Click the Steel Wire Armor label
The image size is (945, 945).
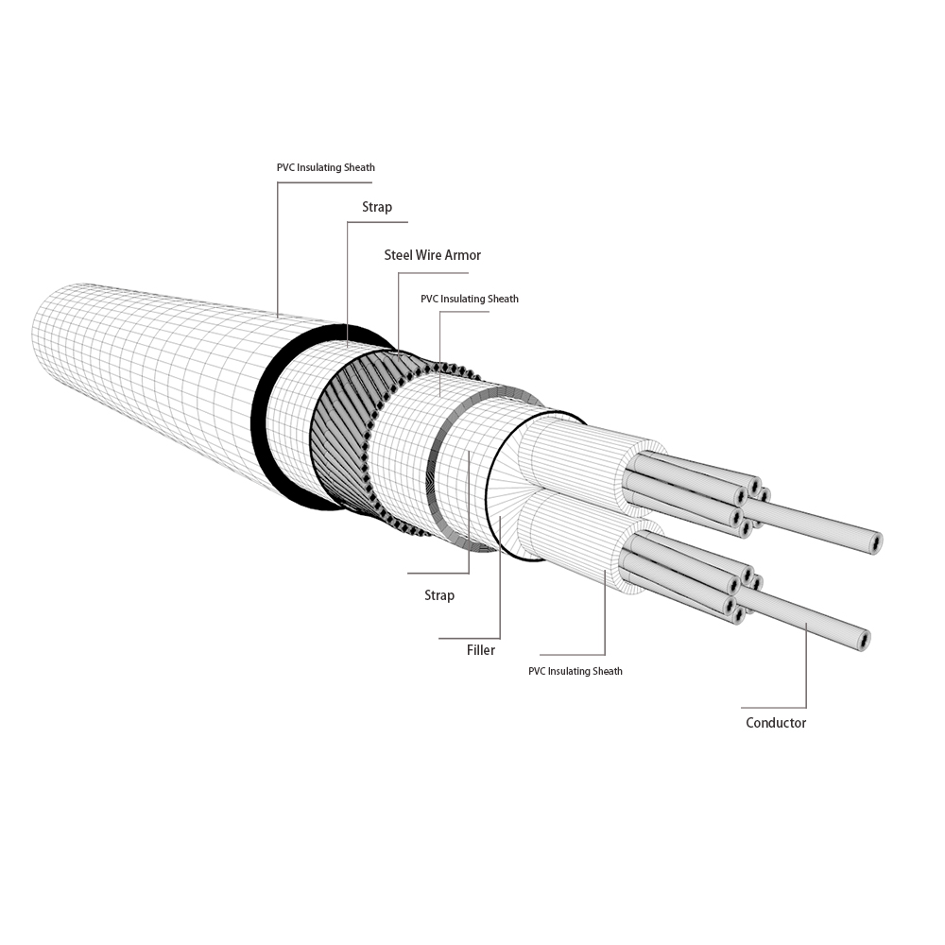point(432,255)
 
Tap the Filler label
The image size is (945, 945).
point(480,650)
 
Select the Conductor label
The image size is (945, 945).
point(776,723)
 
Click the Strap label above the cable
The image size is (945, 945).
point(376,207)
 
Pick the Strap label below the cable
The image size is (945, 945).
point(439,595)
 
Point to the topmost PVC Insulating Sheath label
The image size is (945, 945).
point(325,167)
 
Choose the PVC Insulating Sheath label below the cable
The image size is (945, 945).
point(575,672)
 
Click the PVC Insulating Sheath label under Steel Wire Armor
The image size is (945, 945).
point(469,299)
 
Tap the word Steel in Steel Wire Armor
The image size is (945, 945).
point(399,255)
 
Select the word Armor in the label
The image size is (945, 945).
point(463,255)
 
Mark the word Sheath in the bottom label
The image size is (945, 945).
point(608,672)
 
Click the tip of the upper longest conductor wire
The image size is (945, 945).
point(876,543)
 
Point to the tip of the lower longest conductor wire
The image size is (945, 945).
point(864,640)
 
